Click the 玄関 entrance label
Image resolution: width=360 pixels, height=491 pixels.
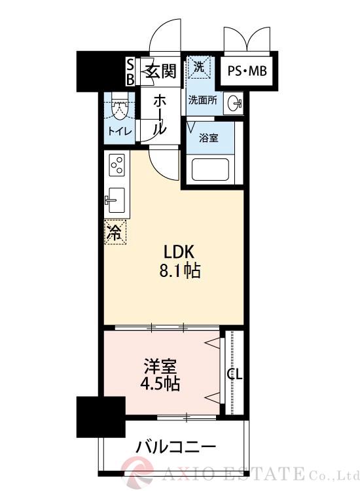point(159,71)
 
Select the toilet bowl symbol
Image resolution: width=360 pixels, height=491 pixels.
point(120,109)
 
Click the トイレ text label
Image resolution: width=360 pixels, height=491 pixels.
point(120,131)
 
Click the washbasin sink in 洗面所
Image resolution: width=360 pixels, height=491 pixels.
point(236,103)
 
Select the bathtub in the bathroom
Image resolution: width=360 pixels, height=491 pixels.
point(209,172)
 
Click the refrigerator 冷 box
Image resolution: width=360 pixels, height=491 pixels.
point(115,232)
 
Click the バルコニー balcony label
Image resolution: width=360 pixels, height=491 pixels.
point(175,448)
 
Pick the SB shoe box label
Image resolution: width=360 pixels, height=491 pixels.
point(130,71)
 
